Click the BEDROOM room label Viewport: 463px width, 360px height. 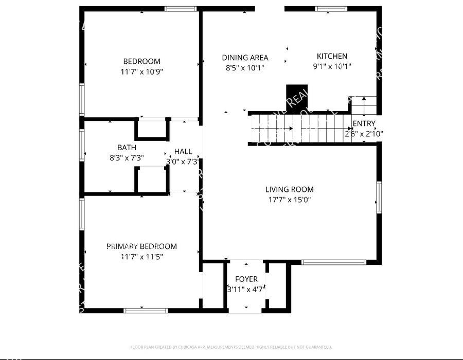point(141,61)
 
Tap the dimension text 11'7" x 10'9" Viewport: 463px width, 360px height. point(141,71)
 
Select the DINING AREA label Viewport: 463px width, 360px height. point(245,58)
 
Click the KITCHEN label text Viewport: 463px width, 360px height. point(332,56)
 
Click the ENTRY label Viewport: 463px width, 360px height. point(364,123)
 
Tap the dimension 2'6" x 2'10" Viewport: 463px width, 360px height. point(364,134)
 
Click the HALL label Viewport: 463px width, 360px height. point(183,151)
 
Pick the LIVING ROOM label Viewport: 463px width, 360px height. point(289,189)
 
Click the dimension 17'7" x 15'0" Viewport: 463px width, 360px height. point(289,200)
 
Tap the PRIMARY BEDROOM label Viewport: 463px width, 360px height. point(141,246)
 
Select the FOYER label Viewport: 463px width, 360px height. point(246,279)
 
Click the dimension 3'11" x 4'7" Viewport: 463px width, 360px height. point(246,289)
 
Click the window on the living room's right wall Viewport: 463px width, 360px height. point(379,197)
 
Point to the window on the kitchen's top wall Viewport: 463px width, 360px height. point(331,9)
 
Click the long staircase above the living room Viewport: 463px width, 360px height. point(298,129)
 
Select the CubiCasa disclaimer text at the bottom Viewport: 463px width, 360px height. point(231,347)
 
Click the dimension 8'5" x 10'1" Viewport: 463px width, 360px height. point(245,67)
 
